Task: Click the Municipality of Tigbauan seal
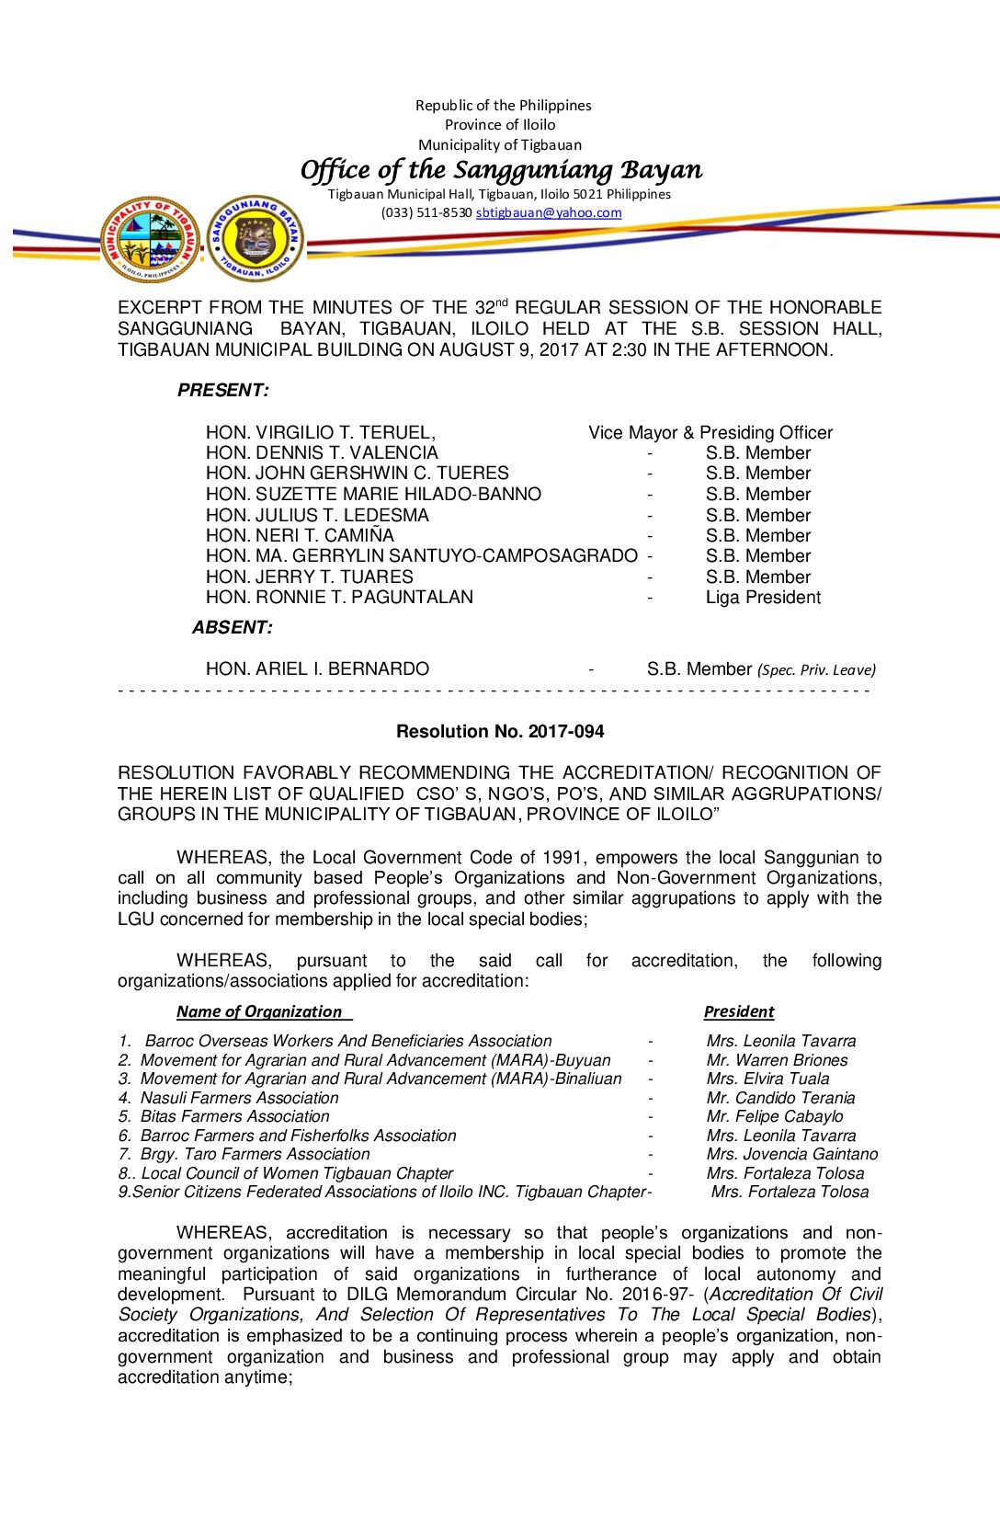click(150, 239)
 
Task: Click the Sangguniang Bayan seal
click(255, 239)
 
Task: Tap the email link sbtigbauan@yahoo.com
click(548, 212)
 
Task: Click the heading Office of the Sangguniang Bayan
click(501, 170)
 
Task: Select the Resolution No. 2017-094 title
click(500, 732)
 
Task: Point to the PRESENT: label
click(223, 391)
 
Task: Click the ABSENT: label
click(233, 628)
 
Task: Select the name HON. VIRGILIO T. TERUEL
click(320, 433)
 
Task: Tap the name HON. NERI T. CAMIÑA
click(300, 536)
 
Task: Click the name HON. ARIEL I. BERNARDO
click(317, 669)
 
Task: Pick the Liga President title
click(763, 598)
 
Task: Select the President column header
click(739, 1011)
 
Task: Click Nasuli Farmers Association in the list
click(239, 1098)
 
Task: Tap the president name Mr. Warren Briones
click(777, 1060)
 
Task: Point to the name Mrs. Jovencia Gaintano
click(791, 1154)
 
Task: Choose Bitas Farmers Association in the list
click(234, 1116)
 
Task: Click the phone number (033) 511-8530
click(426, 212)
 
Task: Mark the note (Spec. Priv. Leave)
click(816, 670)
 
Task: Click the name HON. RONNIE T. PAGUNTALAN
click(339, 598)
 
